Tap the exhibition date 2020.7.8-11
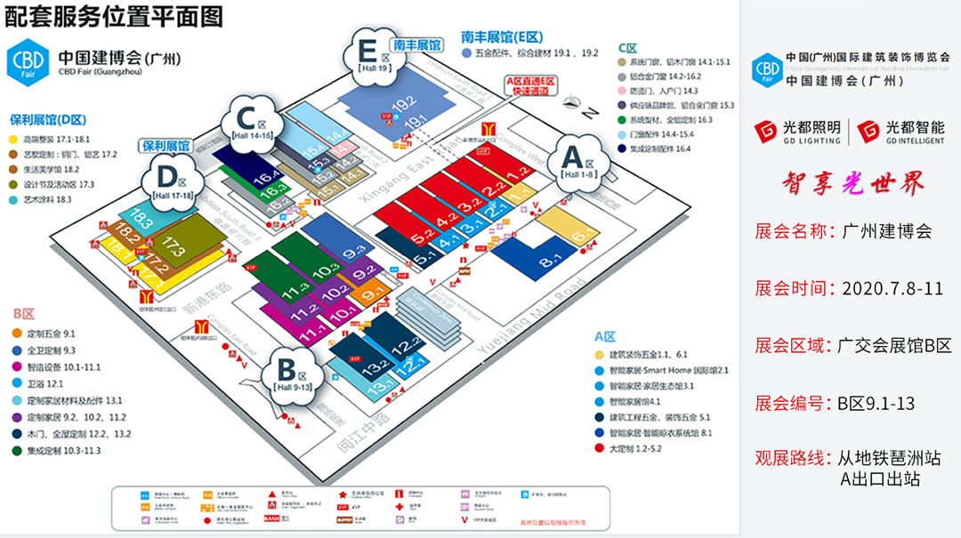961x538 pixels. tap(892, 289)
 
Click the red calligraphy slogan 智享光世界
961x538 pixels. tap(853, 182)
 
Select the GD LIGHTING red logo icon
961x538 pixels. tap(765, 132)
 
